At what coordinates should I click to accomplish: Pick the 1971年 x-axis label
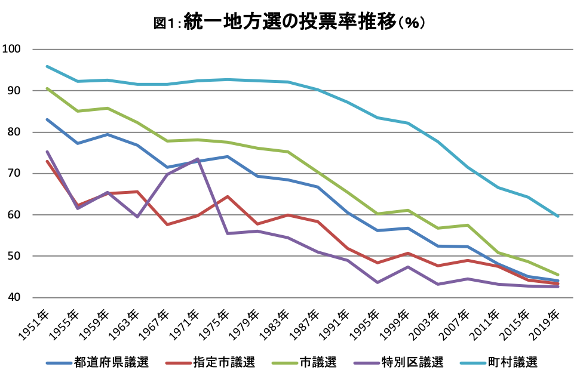(x=186, y=322)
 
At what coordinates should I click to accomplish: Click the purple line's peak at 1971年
(x=197, y=159)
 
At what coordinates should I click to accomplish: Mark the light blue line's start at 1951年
(x=47, y=66)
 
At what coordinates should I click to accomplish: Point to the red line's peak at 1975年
(x=228, y=196)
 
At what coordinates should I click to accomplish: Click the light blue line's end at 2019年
(x=559, y=216)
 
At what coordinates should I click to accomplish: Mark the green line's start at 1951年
(x=47, y=88)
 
